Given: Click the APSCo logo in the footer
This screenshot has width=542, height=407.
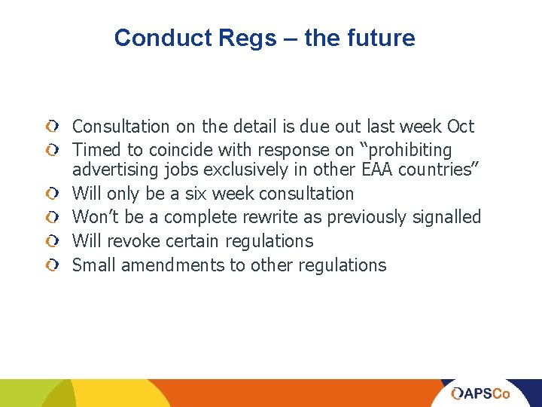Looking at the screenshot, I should (480, 393).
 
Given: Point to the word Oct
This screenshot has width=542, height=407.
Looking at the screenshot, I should (461, 127).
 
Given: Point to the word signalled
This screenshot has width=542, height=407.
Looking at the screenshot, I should (447, 217).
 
